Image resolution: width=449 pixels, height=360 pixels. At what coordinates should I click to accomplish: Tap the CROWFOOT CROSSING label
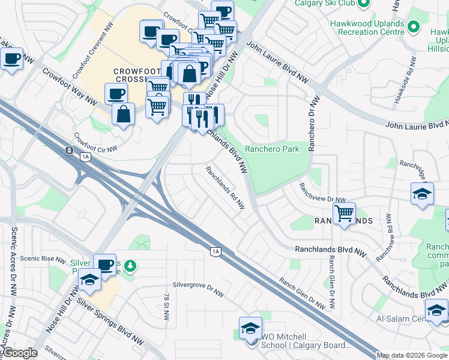click(x=136, y=76)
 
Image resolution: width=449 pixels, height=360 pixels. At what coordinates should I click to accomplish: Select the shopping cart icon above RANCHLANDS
click(x=344, y=213)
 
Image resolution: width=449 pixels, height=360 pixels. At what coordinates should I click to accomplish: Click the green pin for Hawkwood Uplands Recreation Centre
click(x=413, y=26)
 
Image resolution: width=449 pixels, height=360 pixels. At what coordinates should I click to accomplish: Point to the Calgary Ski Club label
click(x=324, y=3)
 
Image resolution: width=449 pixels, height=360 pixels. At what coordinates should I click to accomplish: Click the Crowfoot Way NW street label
click(x=68, y=87)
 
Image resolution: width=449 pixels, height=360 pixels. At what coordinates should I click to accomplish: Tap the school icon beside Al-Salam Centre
click(x=436, y=310)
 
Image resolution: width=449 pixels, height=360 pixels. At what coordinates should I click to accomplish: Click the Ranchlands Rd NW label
click(x=225, y=187)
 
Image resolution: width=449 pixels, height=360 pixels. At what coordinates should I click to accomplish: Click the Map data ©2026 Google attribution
click(x=412, y=355)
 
